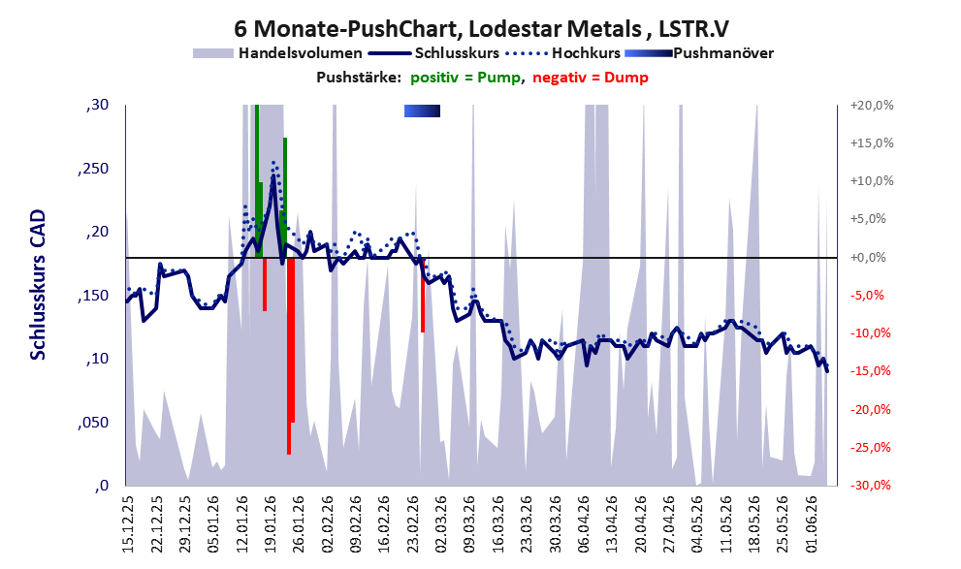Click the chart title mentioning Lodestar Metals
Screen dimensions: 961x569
click(x=481, y=28)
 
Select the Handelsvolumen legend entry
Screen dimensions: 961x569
click(x=277, y=53)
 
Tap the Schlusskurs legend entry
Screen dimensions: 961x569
click(x=433, y=53)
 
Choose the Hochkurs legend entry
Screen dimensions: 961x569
click(x=562, y=53)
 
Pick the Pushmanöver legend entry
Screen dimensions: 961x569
click(x=699, y=53)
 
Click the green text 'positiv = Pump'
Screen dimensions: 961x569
click(x=465, y=78)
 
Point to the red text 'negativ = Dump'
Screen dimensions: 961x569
click(x=591, y=78)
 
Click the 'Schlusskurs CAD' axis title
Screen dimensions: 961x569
click(x=38, y=285)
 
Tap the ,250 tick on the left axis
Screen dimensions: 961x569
click(x=93, y=169)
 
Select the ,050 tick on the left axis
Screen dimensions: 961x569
click(x=93, y=423)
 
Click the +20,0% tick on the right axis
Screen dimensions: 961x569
click(x=872, y=106)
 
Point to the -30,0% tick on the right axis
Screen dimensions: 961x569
click(x=870, y=486)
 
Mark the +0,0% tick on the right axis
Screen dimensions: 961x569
click(x=868, y=257)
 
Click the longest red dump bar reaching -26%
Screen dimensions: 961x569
click(x=289, y=356)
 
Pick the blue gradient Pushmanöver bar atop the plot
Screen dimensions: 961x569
click(x=422, y=111)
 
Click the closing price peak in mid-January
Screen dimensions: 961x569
click(x=273, y=177)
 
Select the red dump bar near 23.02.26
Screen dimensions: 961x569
click(x=423, y=295)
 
